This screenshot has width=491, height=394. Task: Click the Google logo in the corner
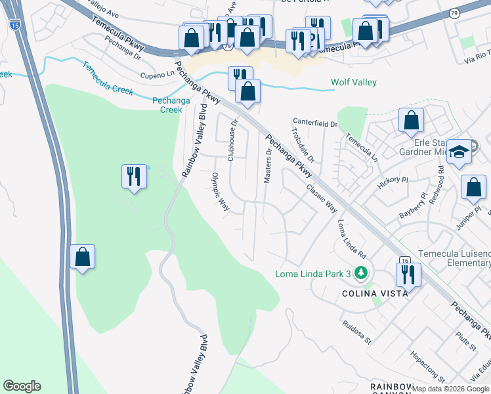(22, 386)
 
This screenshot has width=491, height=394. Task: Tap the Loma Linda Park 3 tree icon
(360, 273)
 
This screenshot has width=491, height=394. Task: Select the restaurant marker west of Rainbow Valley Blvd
(134, 176)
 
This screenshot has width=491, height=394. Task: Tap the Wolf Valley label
(354, 82)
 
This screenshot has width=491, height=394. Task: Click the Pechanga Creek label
(167, 105)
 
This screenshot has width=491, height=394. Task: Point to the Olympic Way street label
(220, 192)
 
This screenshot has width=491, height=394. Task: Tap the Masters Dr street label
(267, 164)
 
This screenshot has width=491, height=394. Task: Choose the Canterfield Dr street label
(315, 123)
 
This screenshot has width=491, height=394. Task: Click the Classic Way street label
(321, 198)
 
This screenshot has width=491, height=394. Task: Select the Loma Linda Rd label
(351, 238)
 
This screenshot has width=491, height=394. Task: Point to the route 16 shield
(404, 260)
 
